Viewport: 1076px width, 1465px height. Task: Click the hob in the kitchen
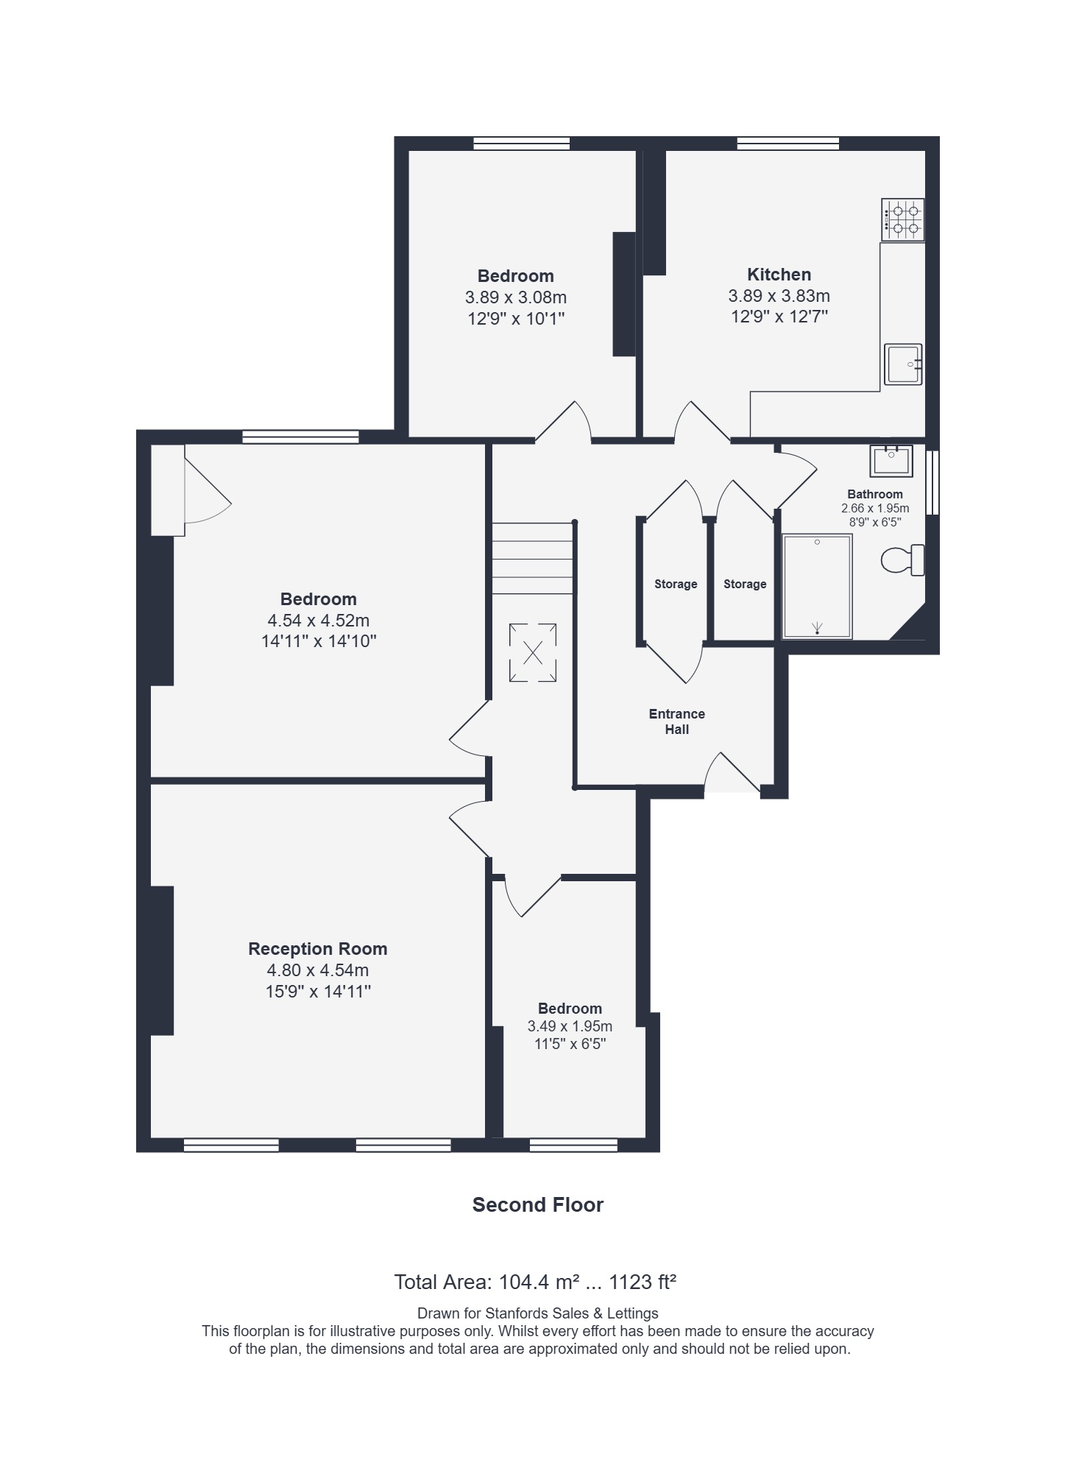click(902, 220)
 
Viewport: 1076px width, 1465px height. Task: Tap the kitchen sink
click(903, 364)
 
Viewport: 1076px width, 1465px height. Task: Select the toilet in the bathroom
click(903, 560)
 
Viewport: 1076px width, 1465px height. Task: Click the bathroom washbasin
click(891, 461)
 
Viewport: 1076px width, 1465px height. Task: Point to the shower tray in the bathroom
click(817, 586)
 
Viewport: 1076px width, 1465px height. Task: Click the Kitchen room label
click(779, 275)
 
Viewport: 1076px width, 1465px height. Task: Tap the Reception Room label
click(317, 949)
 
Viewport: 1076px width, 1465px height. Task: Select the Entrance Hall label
click(676, 721)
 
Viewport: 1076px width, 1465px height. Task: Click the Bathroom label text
click(874, 494)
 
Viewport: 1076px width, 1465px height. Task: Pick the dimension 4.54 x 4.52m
click(318, 620)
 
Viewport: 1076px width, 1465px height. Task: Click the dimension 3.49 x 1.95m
click(570, 1026)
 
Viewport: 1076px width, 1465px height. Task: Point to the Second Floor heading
click(537, 1204)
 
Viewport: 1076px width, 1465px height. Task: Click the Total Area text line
click(535, 1282)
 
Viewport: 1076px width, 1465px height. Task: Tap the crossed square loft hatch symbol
click(532, 652)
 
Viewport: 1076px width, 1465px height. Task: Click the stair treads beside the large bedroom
click(532, 558)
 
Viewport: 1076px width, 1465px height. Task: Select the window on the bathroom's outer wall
click(932, 482)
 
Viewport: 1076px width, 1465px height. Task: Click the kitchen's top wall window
click(788, 144)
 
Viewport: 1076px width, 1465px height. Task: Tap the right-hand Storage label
click(745, 584)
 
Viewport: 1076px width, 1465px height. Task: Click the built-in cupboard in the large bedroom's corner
click(168, 490)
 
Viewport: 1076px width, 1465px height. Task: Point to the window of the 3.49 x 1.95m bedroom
click(573, 1144)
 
